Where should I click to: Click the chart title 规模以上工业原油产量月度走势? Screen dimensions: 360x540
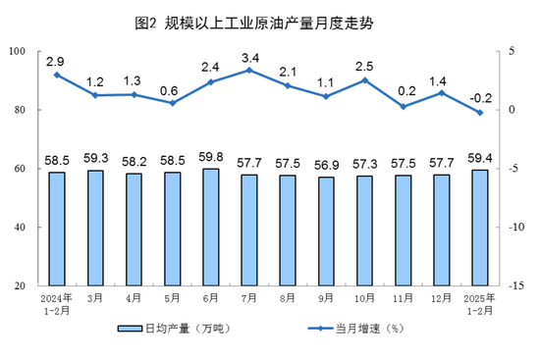269,21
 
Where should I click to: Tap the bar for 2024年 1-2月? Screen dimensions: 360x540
57,229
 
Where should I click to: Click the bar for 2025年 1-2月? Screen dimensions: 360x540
480,228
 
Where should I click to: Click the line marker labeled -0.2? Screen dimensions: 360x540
480,112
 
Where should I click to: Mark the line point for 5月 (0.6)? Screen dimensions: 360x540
173,102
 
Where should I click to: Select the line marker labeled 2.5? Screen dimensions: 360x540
364,79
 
